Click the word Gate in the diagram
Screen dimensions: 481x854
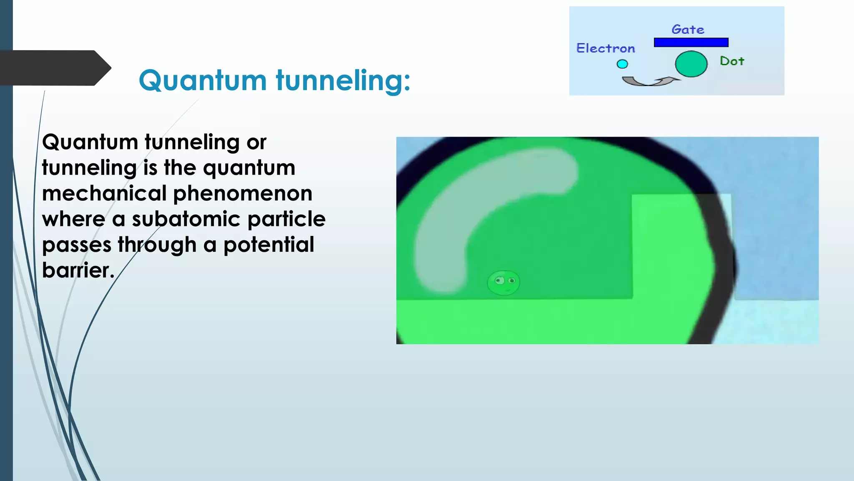(x=688, y=30)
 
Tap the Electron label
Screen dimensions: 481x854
(x=605, y=48)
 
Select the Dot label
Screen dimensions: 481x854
(x=732, y=61)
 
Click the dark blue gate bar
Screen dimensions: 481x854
(x=691, y=42)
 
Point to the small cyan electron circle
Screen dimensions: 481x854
(x=622, y=64)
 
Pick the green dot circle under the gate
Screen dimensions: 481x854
(x=691, y=64)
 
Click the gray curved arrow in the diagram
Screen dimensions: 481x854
(x=648, y=81)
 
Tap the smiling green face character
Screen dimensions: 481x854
(x=503, y=283)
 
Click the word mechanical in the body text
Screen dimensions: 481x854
(x=104, y=193)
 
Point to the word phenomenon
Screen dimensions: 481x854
(x=243, y=193)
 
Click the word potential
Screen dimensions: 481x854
(x=269, y=245)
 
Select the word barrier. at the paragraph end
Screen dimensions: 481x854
(x=78, y=270)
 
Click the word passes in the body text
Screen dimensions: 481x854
(x=77, y=245)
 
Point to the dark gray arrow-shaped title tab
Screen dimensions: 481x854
(x=54, y=68)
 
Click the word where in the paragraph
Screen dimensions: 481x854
(x=73, y=219)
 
